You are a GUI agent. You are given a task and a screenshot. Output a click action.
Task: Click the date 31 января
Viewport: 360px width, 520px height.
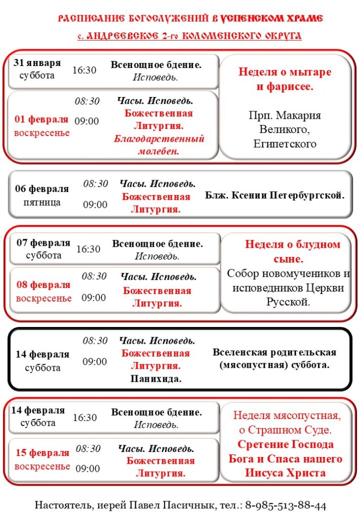(37, 63)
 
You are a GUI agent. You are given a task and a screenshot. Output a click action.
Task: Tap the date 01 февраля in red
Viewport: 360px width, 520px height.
(42, 120)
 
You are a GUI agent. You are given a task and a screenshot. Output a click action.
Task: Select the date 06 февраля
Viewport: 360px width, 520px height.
(42, 189)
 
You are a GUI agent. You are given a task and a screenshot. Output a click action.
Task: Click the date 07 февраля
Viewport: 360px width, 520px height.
(43, 243)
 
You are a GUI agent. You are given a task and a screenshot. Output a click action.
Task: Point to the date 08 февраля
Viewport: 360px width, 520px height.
(43, 285)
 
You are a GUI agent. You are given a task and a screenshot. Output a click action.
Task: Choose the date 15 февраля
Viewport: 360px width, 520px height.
(42, 453)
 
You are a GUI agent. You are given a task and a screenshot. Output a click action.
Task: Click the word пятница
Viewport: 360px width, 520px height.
(42, 202)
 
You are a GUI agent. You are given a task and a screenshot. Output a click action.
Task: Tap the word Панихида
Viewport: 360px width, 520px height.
(156, 378)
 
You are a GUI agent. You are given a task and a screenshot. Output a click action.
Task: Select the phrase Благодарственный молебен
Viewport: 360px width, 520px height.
(158, 145)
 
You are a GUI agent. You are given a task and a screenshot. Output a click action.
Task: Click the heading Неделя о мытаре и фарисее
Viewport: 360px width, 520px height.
(285, 79)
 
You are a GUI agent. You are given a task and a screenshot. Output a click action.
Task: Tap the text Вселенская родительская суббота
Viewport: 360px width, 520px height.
(274, 359)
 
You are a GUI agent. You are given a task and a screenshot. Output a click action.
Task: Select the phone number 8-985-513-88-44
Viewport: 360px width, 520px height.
(286, 505)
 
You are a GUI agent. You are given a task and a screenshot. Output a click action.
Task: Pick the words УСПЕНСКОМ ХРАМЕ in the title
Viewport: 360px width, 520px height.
(272, 19)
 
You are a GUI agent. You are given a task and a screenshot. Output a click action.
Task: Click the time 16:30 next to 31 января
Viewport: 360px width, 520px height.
(84, 70)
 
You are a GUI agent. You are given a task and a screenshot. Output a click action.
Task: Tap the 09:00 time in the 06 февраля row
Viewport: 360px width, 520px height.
(95, 205)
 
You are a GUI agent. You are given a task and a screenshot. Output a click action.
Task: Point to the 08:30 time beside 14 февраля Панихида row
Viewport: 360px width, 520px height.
(95, 340)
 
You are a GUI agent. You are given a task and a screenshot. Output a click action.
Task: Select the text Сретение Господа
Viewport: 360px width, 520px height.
(285, 444)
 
